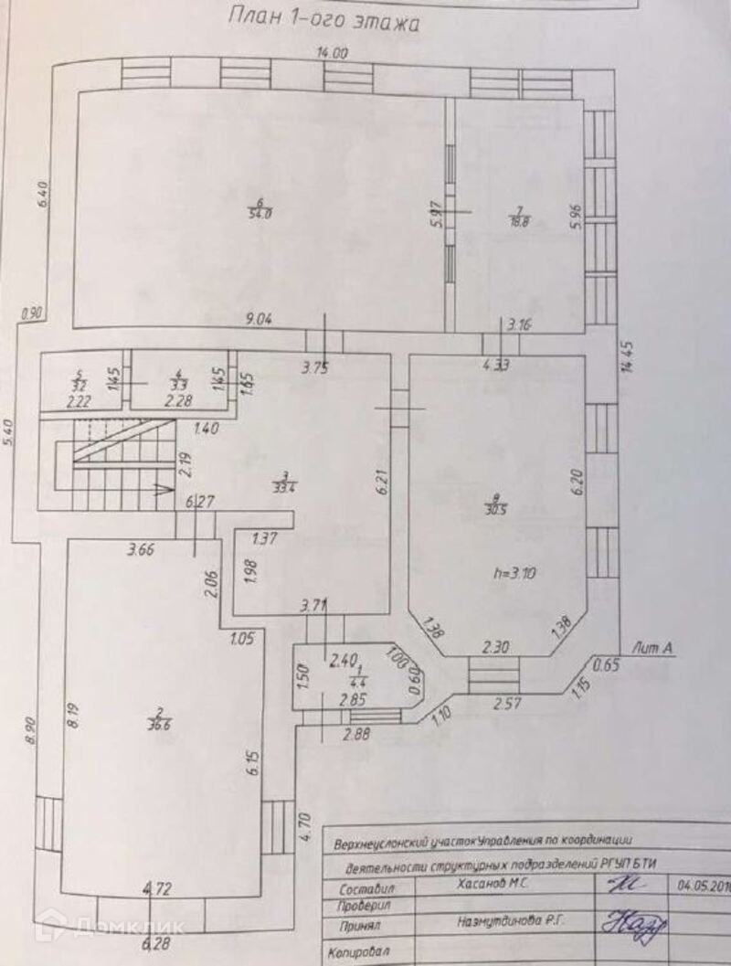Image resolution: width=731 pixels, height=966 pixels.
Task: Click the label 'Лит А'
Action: (x=653, y=648)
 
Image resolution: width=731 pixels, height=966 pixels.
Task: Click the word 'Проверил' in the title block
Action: (x=364, y=905)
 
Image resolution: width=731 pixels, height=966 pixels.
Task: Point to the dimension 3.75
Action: (x=315, y=369)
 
